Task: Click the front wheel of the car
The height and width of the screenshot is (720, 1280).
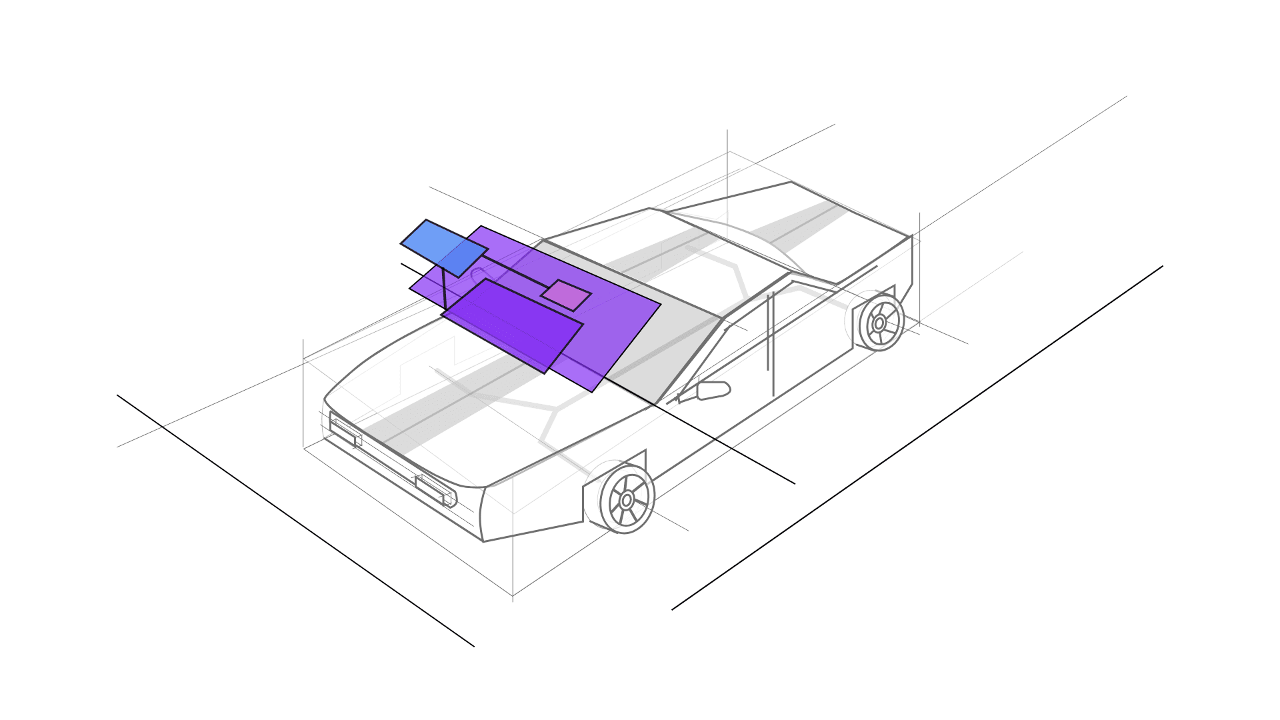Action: (x=627, y=499)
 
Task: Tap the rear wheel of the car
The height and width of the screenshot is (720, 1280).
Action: (x=879, y=323)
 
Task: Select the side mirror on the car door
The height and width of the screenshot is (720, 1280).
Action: (x=713, y=390)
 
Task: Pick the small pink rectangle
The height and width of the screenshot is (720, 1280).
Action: (x=566, y=295)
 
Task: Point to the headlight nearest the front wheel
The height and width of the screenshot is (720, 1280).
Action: (x=435, y=489)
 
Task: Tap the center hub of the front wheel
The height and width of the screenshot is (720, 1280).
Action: (x=627, y=499)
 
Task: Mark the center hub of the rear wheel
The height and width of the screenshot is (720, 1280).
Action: (x=879, y=323)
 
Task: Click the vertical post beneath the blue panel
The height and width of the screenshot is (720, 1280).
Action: (x=444, y=290)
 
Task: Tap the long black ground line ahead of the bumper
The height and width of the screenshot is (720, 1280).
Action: (x=293, y=520)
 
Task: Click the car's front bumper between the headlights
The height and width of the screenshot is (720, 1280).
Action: (x=390, y=460)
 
